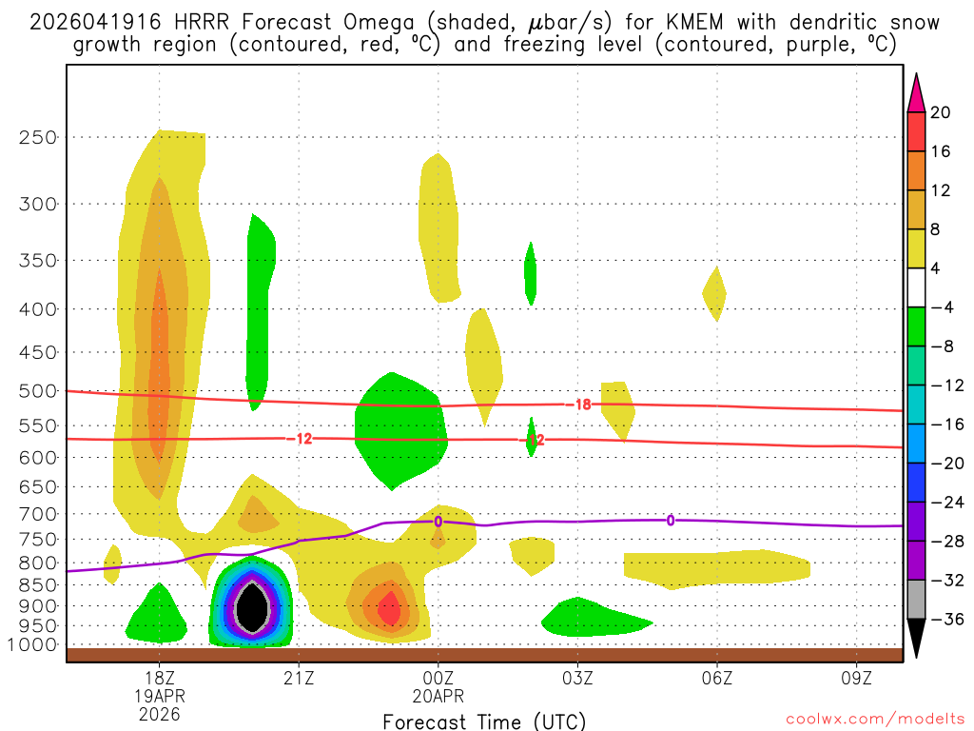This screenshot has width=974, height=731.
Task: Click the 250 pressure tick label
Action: [x=38, y=137]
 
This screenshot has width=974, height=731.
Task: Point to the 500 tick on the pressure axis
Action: [x=38, y=391]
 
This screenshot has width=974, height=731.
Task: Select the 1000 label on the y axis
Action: [x=33, y=645]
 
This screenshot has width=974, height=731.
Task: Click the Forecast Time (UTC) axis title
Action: [x=484, y=721]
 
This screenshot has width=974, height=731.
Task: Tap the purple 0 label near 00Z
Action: [x=438, y=521]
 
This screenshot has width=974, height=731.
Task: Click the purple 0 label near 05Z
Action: [x=671, y=520]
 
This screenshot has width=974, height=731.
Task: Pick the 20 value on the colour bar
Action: [x=941, y=112]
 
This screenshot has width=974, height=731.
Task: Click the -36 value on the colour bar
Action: [x=944, y=620]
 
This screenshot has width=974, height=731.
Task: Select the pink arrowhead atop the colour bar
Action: [x=916, y=92]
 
